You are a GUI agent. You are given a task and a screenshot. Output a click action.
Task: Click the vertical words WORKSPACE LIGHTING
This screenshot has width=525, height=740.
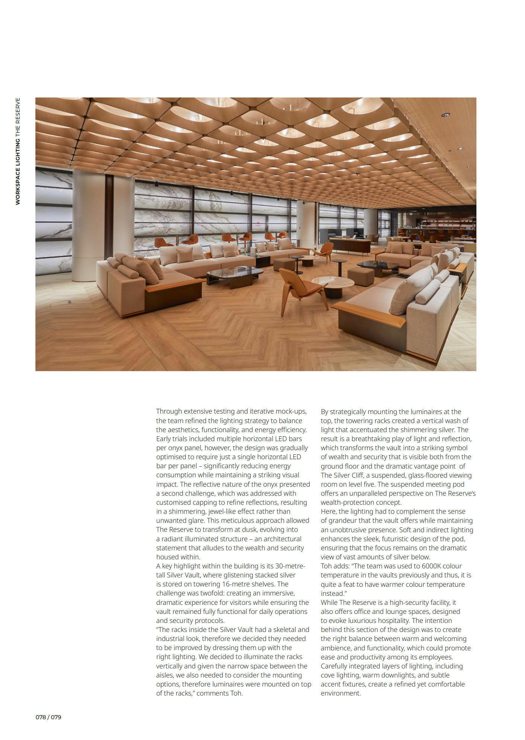(x=18, y=172)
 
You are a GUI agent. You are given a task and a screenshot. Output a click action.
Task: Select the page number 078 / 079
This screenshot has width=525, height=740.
(x=48, y=717)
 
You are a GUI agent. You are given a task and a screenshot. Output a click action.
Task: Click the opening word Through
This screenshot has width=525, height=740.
(x=169, y=411)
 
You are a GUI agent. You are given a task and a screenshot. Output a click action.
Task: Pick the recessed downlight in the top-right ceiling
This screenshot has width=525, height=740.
(x=445, y=114)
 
